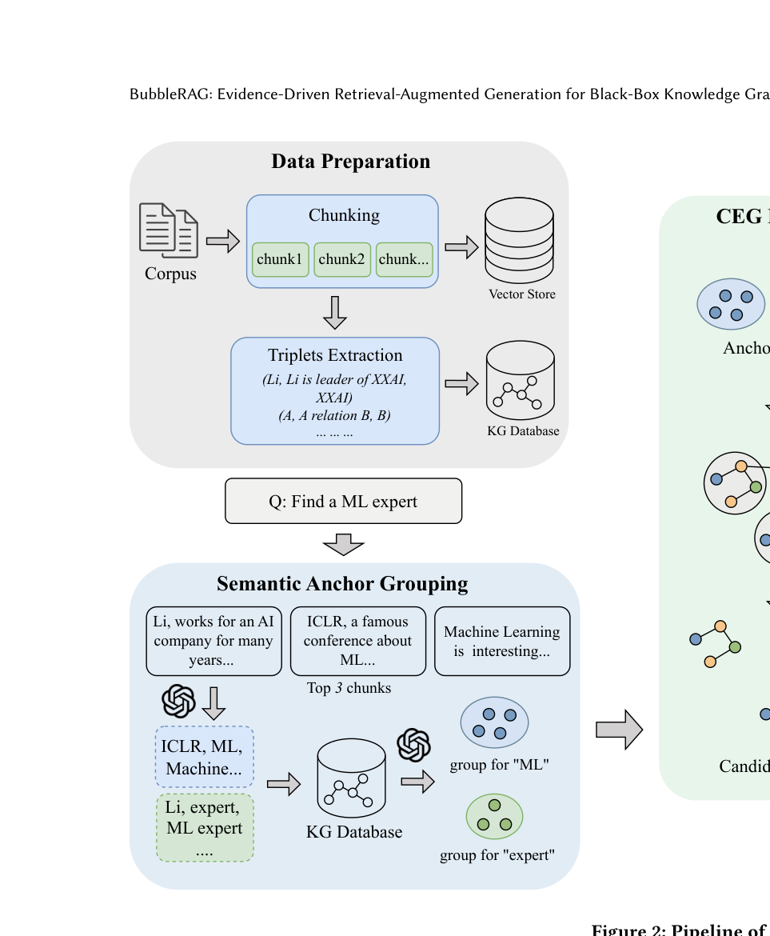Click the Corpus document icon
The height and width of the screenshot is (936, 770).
[169, 230]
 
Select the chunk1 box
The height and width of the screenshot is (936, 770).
[280, 259]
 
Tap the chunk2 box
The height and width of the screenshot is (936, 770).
[341, 259]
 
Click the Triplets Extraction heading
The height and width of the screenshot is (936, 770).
[335, 355]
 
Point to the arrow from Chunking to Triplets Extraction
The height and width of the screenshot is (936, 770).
[335, 313]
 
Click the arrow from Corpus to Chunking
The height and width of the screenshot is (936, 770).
[222, 240]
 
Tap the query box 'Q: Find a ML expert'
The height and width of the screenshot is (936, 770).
[344, 502]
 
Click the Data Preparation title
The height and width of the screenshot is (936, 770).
[350, 162]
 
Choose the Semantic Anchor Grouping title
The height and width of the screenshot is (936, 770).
[342, 584]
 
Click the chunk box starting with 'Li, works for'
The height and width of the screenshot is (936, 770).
[213, 641]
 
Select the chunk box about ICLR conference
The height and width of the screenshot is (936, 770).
[357, 641]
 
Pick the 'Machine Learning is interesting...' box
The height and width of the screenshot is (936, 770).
[501, 641]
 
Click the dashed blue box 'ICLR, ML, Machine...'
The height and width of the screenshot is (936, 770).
[205, 757]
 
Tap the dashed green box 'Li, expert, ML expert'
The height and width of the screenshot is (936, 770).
[205, 827]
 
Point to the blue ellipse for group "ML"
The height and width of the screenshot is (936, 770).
[494, 722]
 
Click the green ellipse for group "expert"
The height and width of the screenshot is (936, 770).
[494, 816]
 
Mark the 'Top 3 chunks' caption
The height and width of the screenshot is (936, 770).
[349, 688]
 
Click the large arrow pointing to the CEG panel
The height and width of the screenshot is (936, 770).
[619, 730]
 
